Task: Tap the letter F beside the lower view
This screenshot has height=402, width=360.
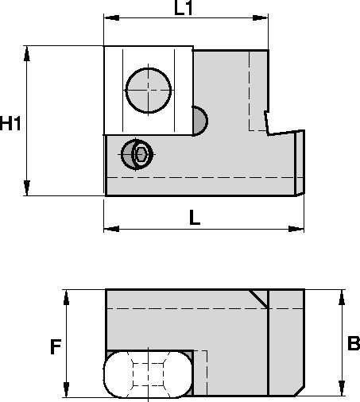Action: [55, 346]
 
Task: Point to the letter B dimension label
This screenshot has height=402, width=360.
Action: [354, 344]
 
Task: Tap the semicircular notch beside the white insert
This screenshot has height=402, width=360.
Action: [199, 122]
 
